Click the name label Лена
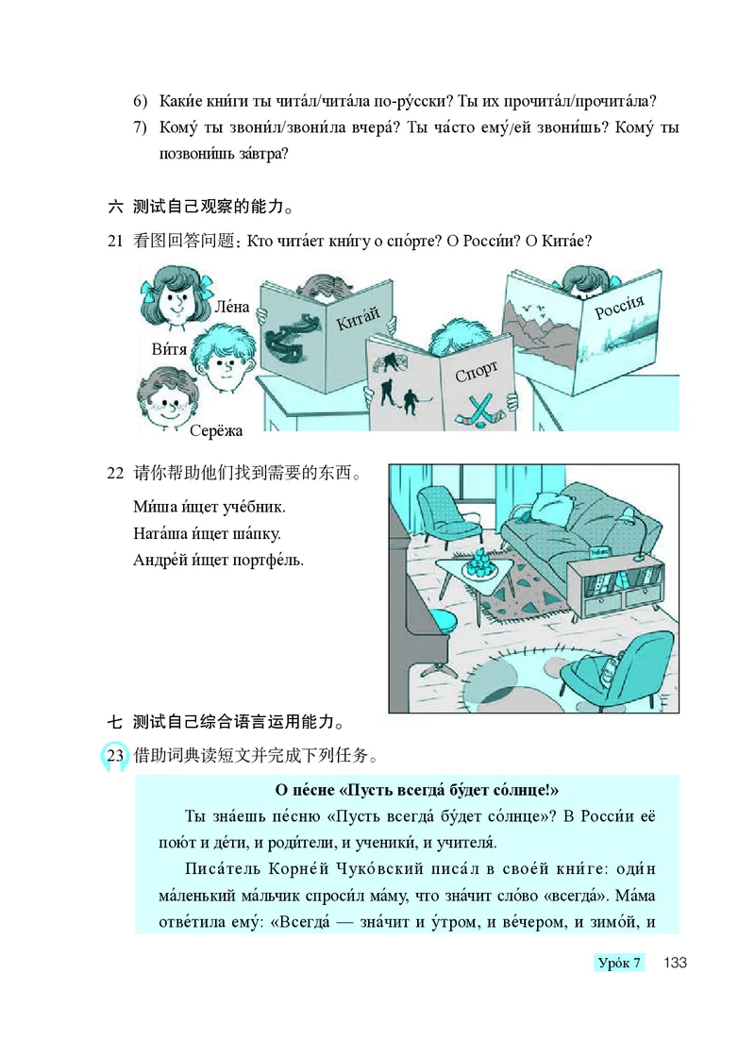coord(233,307)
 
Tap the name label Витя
coord(169,349)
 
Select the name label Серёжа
coord(215,431)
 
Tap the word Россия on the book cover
coord(618,307)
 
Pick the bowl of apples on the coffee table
coord(481,562)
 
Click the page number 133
coord(674,963)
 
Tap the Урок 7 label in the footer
coord(619,963)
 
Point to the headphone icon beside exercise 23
coord(111,758)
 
